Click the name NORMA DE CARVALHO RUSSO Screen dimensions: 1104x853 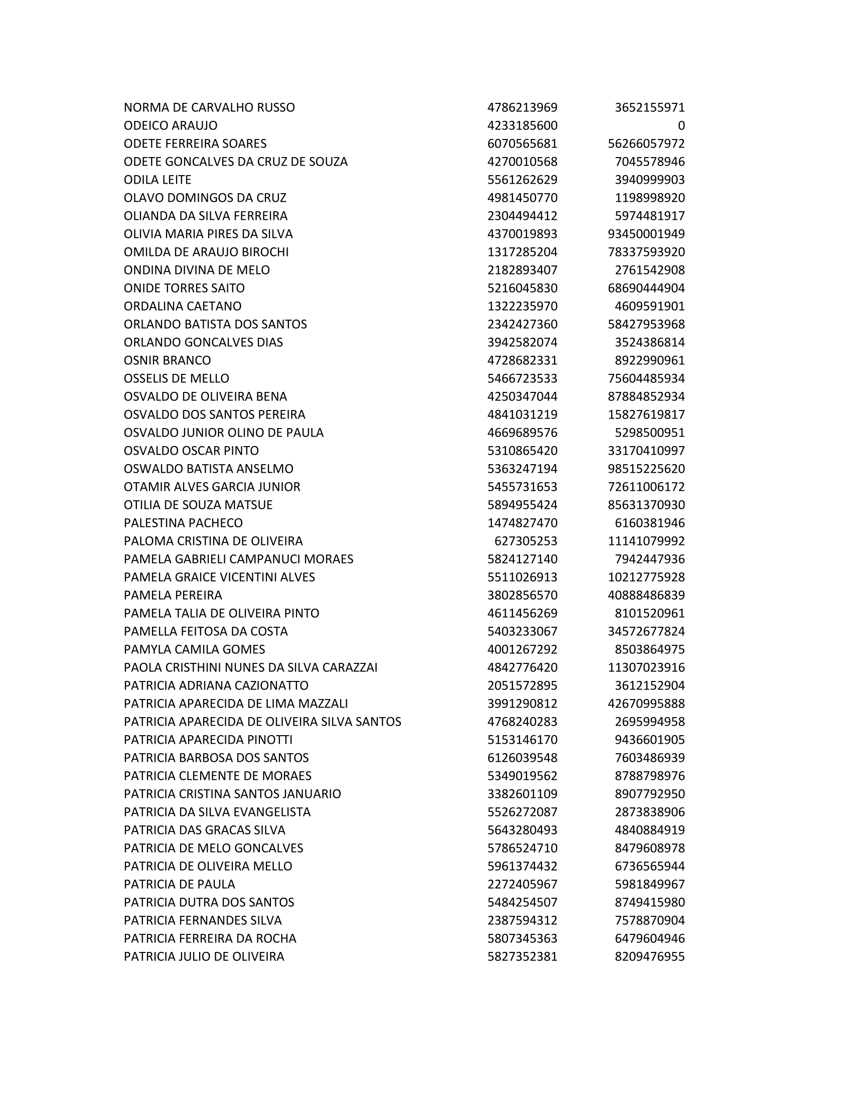click(209, 108)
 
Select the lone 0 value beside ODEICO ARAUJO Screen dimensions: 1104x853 click(681, 126)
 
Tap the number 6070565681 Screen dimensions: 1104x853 click(522, 144)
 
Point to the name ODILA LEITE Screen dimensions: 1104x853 click(158, 180)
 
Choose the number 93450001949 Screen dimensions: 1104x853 click(646, 234)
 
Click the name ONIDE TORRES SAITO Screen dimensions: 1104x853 click(184, 288)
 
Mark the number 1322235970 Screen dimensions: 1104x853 click(522, 306)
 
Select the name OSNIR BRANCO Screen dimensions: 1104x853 click(167, 360)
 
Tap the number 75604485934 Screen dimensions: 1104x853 click(646, 378)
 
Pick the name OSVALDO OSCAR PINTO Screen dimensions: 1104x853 click(191, 451)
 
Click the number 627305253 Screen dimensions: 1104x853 click(525, 541)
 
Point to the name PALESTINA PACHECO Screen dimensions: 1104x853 click(183, 523)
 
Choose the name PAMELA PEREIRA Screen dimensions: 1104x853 click(173, 596)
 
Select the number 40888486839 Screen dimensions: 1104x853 click(646, 596)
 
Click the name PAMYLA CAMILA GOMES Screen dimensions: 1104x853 click(194, 649)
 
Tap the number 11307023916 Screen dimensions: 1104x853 click(646, 668)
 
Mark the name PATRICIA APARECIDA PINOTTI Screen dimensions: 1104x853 click(208, 740)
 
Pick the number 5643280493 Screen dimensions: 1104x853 click(522, 830)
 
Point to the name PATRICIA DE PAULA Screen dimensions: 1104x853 click(180, 884)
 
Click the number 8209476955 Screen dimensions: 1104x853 click(649, 956)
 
